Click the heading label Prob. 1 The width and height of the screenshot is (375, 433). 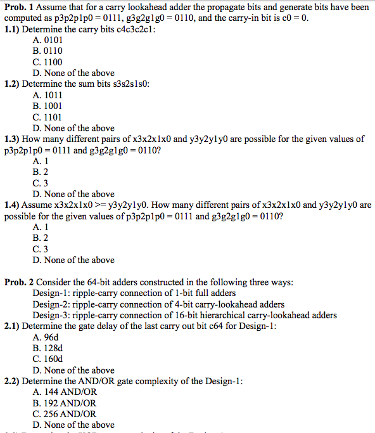18,7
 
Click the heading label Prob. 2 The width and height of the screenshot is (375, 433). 18,282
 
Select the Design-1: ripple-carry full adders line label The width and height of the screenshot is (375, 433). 52,293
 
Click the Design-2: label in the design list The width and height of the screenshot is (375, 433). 52,304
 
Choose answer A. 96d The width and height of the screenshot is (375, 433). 45,337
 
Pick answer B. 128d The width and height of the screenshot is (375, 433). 48,348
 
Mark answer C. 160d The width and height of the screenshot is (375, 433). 48,359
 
